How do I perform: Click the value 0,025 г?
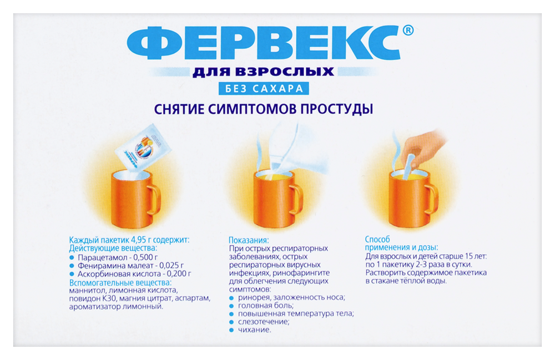[170, 266]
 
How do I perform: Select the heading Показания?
[249, 240]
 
